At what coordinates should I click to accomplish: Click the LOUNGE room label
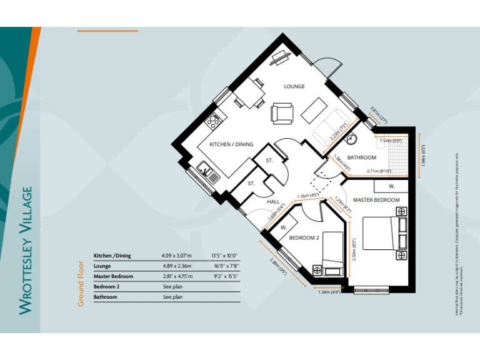tap(294, 86)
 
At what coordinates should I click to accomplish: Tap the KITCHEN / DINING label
tap(231, 144)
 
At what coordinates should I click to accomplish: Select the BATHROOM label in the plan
tap(361, 157)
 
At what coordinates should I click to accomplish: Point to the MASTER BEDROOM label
tap(376, 200)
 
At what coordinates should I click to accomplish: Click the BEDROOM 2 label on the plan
tap(304, 238)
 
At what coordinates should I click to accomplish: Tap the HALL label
tap(273, 202)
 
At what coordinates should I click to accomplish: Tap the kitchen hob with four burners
tap(214, 119)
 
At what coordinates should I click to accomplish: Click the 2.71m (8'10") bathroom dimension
tap(379, 171)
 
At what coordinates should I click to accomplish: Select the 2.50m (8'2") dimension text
tap(354, 249)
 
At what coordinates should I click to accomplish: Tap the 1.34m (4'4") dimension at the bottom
tap(329, 292)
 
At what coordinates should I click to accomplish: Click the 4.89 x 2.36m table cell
tap(177, 266)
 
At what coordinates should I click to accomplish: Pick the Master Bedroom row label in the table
tap(113, 276)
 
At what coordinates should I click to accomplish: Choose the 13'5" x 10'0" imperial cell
tap(226, 256)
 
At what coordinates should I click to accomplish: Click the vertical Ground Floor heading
tap(81, 283)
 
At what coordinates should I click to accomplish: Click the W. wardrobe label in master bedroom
tap(391, 186)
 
